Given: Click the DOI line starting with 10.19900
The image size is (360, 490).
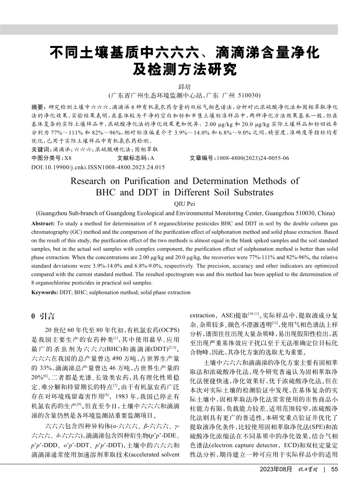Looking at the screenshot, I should [98, 167].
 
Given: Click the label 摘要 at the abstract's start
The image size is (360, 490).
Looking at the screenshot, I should [36, 107].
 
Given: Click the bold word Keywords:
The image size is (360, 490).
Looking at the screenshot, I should [45, 292].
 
